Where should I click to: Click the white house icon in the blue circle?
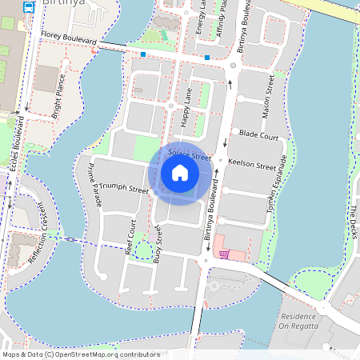(x=180, y=173)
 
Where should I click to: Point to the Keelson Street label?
(x=252, y=163)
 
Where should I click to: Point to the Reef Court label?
(x=131, y=234)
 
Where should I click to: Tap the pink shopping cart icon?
(x=225, y=254)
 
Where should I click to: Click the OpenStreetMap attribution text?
(x=80, y=354)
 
